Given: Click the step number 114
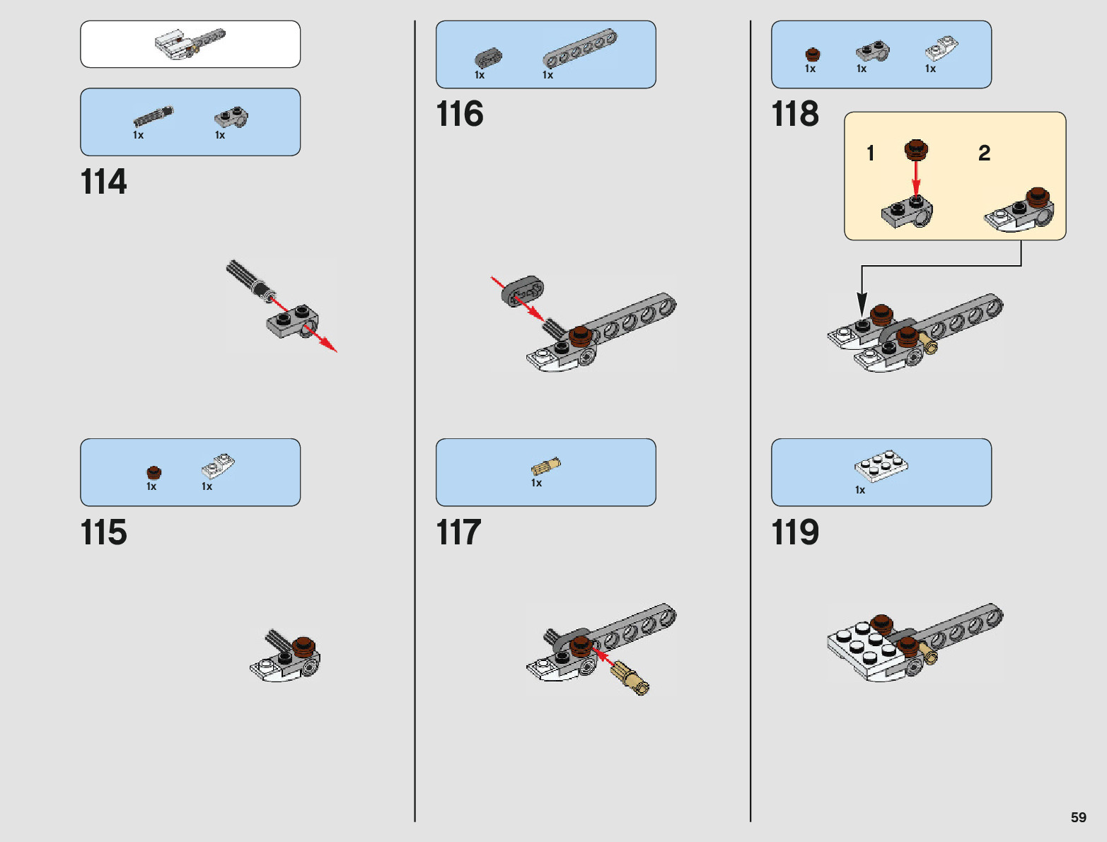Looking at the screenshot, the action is click(x=104, y=182).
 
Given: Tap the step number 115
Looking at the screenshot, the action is click(x=104, y=532).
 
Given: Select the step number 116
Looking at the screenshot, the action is click(x=460, y=114).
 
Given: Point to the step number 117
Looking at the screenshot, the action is click(x=459, y=532).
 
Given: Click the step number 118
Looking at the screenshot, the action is click(x=795, y=114).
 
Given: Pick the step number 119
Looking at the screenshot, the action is click(x=795, y=532).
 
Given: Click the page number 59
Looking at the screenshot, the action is click(x=1078, y=817).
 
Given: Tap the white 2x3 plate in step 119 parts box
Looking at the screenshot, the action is click(x=881, y=465).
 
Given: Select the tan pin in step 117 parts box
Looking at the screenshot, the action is click(x=545, y=467).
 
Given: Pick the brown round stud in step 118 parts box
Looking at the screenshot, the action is click(x=813, y=54).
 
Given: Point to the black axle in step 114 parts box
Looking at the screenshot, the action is click(x=153, y=116).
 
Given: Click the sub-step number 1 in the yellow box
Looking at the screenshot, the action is click(x=871, y=153).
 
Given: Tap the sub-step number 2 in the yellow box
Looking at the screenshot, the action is click(x=984, y=153).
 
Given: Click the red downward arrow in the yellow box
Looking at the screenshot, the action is click(x=916, y=180).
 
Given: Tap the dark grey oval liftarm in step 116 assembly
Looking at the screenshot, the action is click(x=523, y=291).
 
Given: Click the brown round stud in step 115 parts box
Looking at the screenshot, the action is click(x=153, y=472).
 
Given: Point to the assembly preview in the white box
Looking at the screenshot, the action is click(x=190, y=44).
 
